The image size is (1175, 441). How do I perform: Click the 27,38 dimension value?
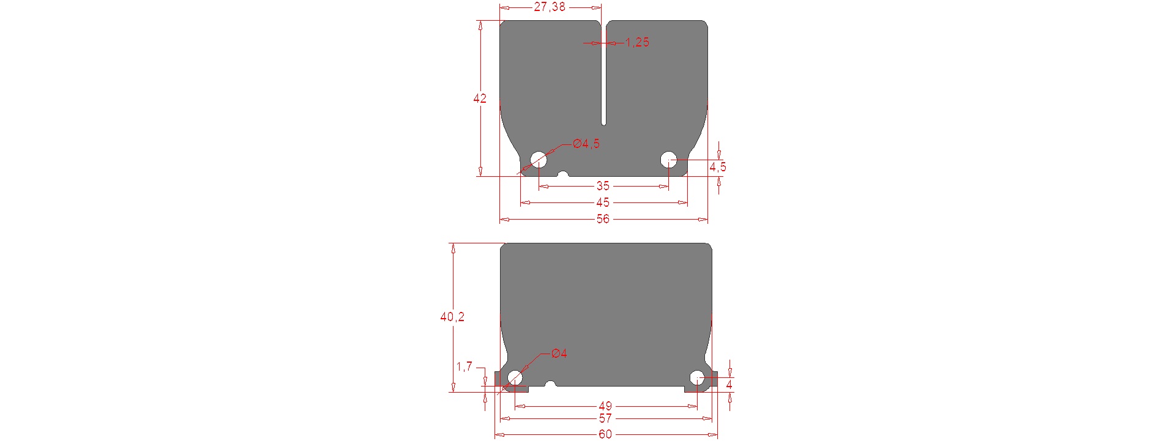tap(550, 7)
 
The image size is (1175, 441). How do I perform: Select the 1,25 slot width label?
tap(637, 42)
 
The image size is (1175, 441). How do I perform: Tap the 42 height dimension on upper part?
tap(480, 98)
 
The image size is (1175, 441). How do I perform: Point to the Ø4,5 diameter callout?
tap(586, 144)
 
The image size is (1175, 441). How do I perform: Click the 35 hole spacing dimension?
tap(603, 186)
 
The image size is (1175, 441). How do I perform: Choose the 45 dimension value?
tap(603, 202)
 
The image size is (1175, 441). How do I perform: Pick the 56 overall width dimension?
tap(603, 219)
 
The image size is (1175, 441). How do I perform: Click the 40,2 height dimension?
tap(452, 317)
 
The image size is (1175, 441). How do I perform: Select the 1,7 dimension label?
tap(464, 367)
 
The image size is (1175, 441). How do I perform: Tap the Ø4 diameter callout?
tap(559, 354)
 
